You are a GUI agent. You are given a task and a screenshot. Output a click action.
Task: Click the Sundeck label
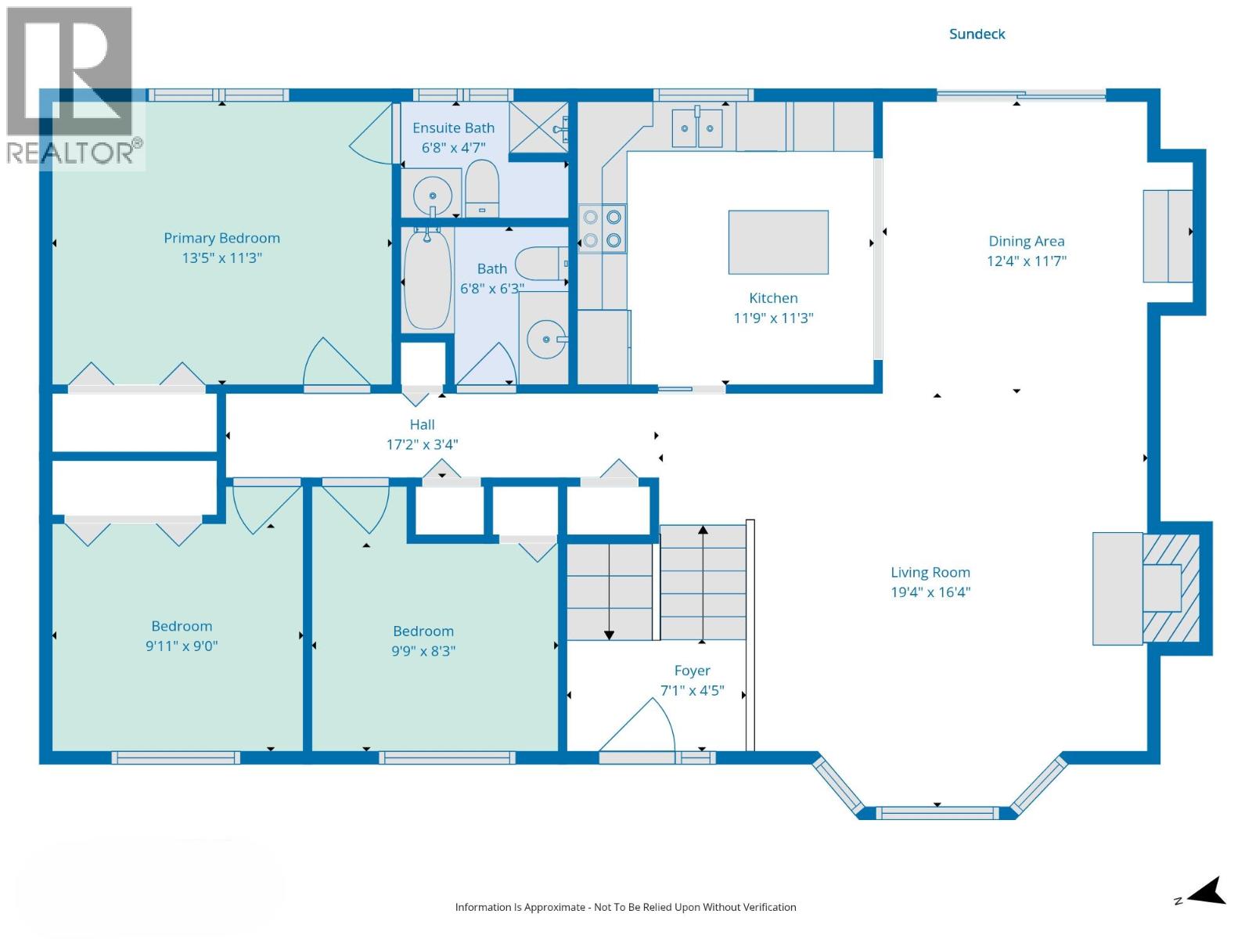pos(977,34)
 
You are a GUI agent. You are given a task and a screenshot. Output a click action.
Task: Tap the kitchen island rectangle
pos(778,242)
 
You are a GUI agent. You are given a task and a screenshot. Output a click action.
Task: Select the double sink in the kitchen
pos(697,128)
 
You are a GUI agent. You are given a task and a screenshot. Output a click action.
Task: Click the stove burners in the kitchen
pos(602,228)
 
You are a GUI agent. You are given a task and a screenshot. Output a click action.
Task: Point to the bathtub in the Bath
pos(427,279)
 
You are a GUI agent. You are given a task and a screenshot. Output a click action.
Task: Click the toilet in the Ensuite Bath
pos(482,188)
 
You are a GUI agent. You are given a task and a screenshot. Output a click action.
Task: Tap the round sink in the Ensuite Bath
pos(432,195)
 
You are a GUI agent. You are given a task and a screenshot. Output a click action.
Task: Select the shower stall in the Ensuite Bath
pos(539,128)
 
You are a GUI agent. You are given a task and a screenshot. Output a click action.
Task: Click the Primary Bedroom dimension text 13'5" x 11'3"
pos(221,257)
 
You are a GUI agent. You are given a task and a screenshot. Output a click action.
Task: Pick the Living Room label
pos(930,572)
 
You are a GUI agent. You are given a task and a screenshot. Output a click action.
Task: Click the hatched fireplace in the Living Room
pos(1171,588)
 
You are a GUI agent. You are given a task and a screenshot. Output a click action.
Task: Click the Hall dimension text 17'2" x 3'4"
pos(422,444)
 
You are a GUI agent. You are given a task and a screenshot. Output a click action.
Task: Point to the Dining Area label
pos(1026,241)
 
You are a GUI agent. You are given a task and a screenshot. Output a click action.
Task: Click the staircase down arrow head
pos(609,635)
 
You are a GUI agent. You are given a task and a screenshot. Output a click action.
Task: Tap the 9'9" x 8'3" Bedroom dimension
pos(423,650)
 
